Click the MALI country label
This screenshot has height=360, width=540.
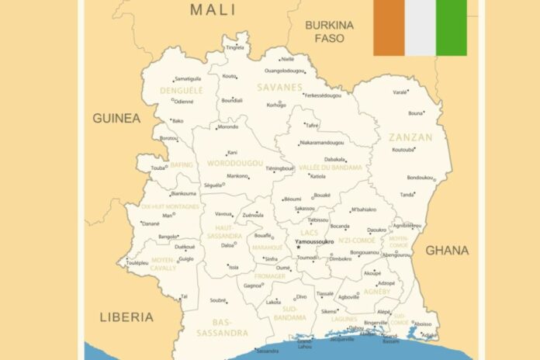click(x=213, y=9)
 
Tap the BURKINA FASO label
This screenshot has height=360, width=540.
click(x=329, y=31)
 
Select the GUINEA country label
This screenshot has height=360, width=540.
click(x=116, y=118)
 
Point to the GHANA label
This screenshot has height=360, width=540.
click(x=447, y=250)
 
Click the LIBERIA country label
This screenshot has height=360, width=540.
click(x=126, y=317)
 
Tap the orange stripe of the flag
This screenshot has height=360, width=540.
click(x=389, y=27)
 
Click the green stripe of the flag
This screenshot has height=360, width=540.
click(x=452, y=27)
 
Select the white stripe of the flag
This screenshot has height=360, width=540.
click(x=420, y=27)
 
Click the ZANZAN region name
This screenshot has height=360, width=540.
click(x=411, y=137)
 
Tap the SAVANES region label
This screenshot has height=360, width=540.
click(x=280, y=87)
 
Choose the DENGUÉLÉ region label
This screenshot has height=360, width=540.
click(x=181, y=91)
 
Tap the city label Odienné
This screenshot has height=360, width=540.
click(x=184, y=102)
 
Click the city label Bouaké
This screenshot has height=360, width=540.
click(x=322, y=196)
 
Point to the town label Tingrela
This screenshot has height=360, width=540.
click(x=234, y=47)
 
